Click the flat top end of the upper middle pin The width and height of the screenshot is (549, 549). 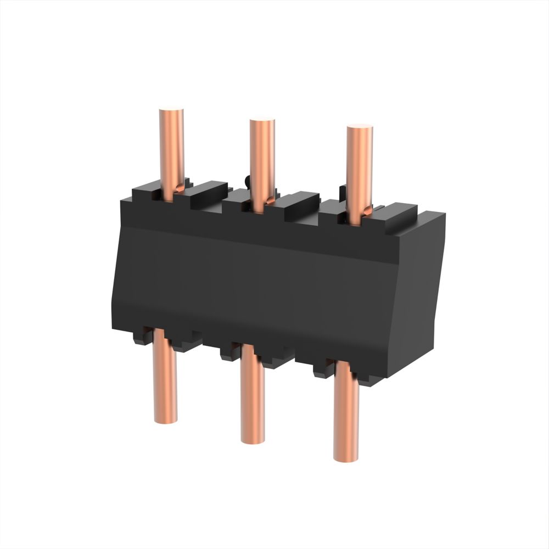click(262, 121)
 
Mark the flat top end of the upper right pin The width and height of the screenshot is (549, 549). click(360, 128)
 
